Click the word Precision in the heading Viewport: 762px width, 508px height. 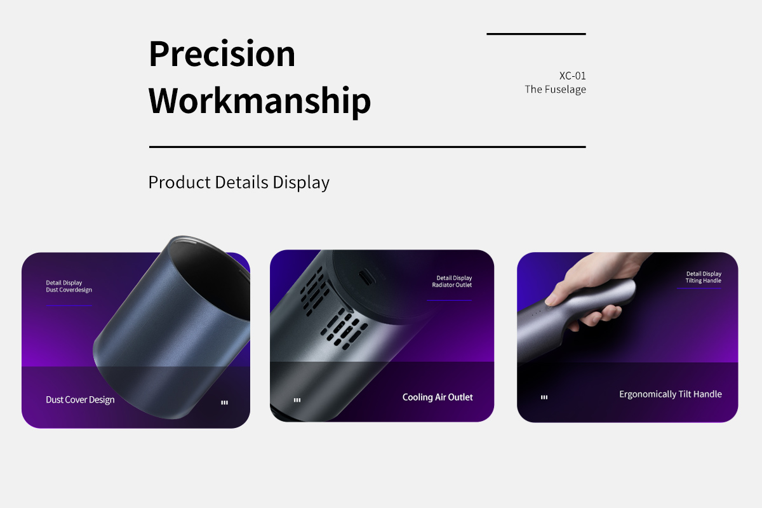tap(222, 54)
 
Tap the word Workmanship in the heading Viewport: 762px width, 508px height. tap(260, 101)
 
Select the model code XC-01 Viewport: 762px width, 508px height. tap(573, 76)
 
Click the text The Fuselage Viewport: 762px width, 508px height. tap(555, 89)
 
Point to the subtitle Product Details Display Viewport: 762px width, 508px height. tap(239, 182)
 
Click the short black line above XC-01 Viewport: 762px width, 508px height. tap(536, 34)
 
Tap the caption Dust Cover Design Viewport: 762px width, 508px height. tap(80, 400)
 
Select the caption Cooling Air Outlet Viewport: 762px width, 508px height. tap(438, 397)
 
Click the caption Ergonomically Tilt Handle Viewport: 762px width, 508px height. tap(670, 394)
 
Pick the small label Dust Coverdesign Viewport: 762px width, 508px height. tap(69, 290)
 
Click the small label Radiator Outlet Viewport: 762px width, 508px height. tap(451, 284)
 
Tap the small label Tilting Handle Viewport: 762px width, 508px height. tap(703, 281)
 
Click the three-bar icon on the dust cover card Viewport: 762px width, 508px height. tap(225, 403)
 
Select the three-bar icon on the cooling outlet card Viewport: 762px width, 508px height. tap(297, 400)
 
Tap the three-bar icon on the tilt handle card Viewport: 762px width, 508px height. tap(544, 397)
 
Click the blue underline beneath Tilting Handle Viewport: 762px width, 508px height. tap(698, 288)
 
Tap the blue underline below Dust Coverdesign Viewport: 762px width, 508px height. tap(69, 305)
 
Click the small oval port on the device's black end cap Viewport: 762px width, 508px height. tap(366, 278)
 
